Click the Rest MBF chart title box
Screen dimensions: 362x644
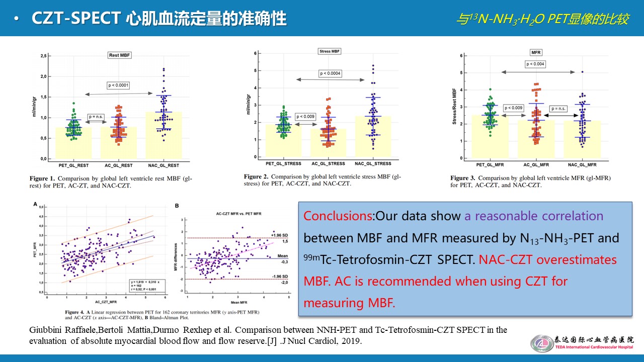[x=120, y=55]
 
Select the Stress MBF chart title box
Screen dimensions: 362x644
[x=330, y=51]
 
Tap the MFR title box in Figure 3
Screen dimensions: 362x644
[x=536, y=52]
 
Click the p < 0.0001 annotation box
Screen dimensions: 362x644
[x=118, y=85]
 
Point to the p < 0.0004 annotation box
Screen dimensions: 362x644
[x=330, y=73]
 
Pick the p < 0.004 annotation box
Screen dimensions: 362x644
[x=535, y=64]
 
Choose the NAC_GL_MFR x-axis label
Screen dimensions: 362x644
[x=582, y=165]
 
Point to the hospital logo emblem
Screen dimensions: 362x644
[x=542, y=343]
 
